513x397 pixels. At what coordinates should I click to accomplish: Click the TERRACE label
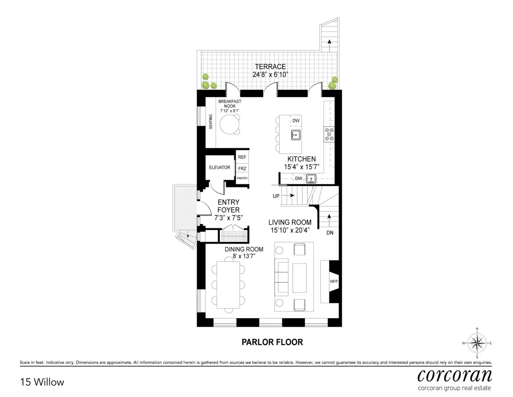[x=270, y=67]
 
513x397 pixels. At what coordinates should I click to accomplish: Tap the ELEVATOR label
[x=220, y=168]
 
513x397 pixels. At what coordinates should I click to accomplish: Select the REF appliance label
[x=242, y=157]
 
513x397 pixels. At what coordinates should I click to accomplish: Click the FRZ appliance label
[x=242, y=169]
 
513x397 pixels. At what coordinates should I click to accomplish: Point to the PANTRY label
[x=242, y=178]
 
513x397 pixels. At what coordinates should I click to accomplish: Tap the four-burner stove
[x=329, y=134]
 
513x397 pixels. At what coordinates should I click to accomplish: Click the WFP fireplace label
[x=333, y=281]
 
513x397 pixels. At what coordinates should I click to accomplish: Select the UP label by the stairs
[x=276, y=196]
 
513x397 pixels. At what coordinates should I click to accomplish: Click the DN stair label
[x=329, y=233]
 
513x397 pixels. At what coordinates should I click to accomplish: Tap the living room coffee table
[x=299, y=278]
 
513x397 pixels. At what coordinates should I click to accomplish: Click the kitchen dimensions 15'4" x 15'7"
[x=301, y=167]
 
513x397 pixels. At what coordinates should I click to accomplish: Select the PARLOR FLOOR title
[x=272, y=342]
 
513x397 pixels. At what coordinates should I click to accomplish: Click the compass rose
[x=477, y=343]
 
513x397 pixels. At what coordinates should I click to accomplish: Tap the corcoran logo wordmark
[x=454, y=376]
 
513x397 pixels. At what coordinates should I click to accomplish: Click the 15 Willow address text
[x=42, y=382]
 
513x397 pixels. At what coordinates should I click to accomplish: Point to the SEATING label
[x=211, y=121]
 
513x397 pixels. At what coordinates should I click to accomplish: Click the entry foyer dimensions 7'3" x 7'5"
[x=229, y=217]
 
